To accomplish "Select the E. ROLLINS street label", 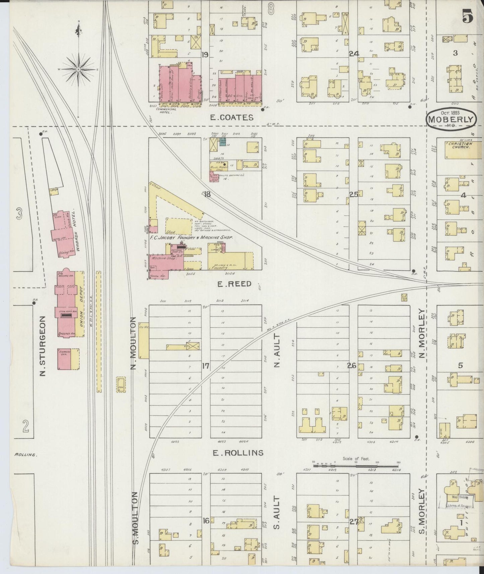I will click(238, 453).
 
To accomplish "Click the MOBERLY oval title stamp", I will click(451, 119).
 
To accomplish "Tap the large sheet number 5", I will click(468, 17).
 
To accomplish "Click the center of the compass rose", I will click(78, 69).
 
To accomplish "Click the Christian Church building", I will click(459, 150).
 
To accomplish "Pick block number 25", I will click(354, 194).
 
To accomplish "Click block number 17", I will click(205, 366).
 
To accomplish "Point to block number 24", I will click(354, 54).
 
